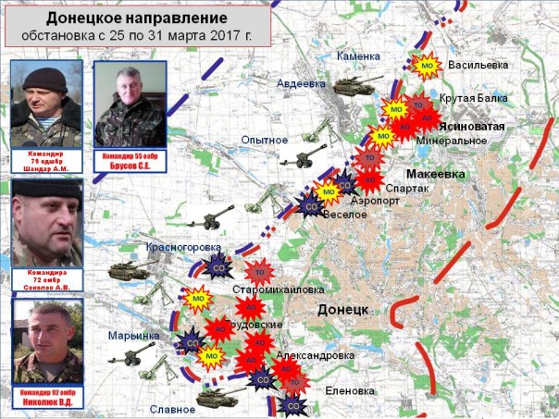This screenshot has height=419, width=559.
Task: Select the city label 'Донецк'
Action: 343,308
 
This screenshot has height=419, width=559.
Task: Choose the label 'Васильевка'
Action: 479,66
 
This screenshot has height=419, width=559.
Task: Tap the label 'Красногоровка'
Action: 183,248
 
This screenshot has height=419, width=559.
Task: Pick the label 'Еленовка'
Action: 351,390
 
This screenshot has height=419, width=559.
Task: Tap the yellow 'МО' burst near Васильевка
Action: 427,66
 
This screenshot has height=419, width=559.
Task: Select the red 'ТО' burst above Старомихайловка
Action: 260,272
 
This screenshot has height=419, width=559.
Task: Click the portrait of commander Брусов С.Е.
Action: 130,104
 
